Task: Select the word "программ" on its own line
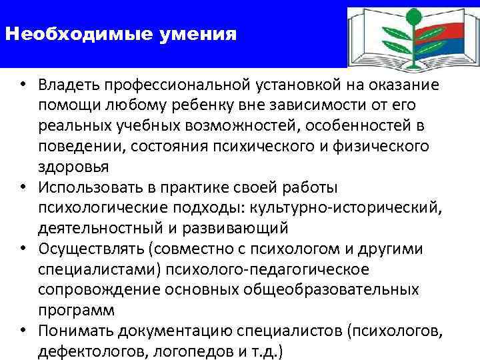(x=76, y=311)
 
